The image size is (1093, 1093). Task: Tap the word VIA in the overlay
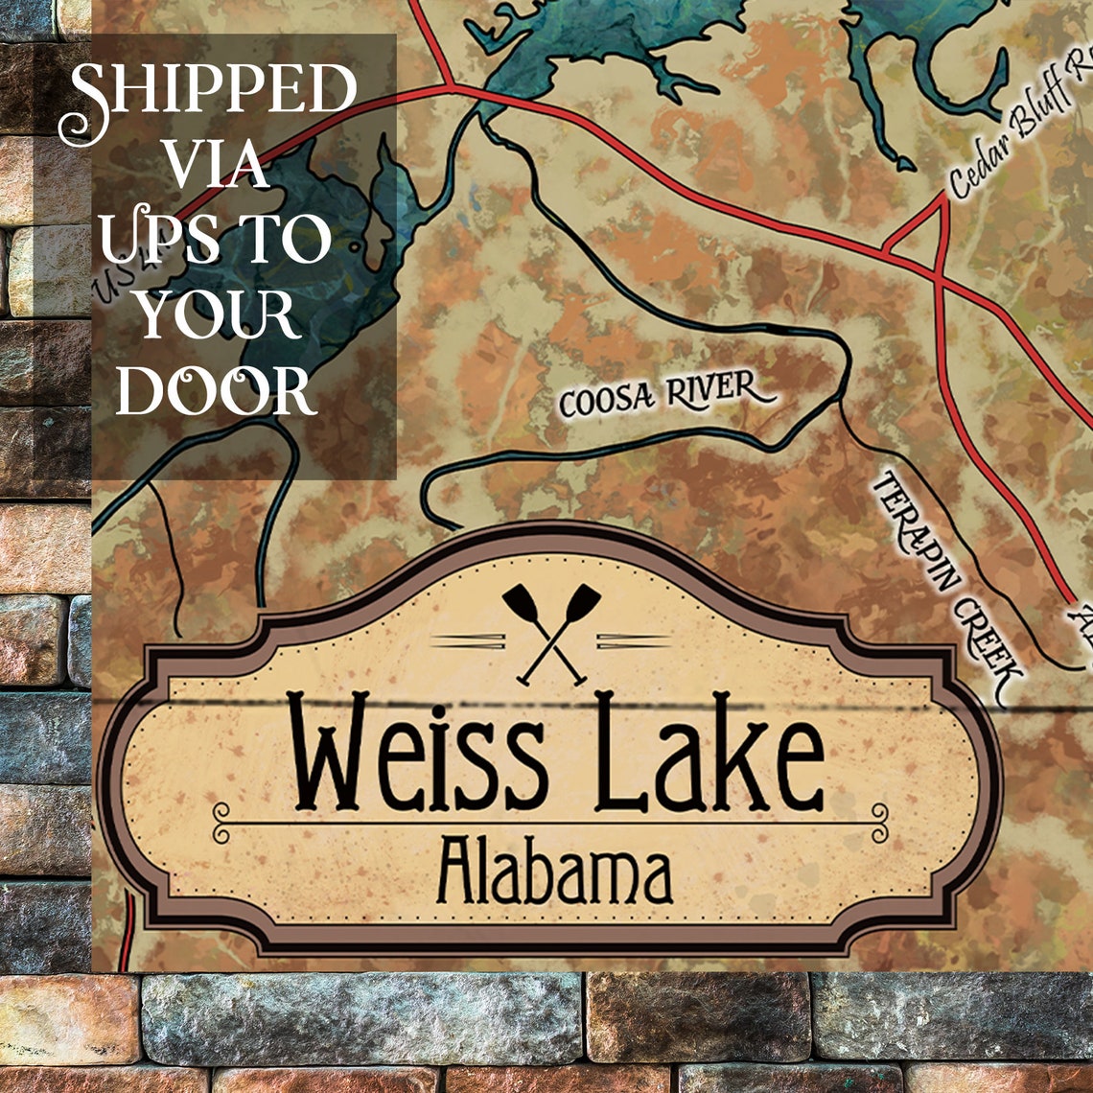[217, 167]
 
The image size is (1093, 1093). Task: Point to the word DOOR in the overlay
[217, 391]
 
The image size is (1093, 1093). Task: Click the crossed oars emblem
[551, 633]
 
